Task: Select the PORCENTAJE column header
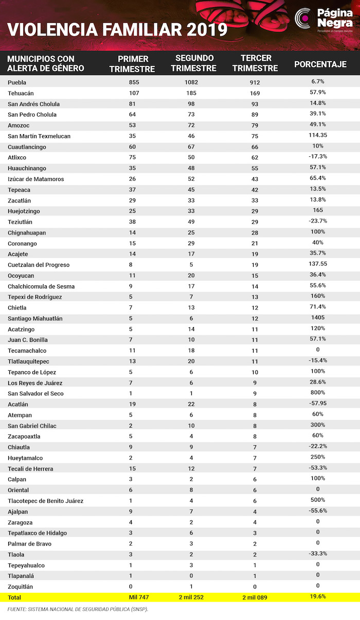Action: pos(320,64)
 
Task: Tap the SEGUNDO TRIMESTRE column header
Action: pos(194,63)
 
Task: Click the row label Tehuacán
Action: pos(23,93)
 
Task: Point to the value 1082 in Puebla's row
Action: pos(191,82)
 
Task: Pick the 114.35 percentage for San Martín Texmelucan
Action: pos(318,136)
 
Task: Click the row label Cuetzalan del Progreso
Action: pos(39,265)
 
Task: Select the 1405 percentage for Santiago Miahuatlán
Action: pos(318,318)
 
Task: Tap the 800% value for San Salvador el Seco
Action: pos(318,393)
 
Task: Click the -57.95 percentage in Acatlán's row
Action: pos(318,404)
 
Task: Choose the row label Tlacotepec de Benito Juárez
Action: pos(45,501)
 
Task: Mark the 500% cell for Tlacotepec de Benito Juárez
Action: pos(318,500)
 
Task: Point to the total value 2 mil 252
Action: pos(191,597)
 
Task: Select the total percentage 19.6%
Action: pos(318,597)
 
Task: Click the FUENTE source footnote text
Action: pos(77,609)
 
